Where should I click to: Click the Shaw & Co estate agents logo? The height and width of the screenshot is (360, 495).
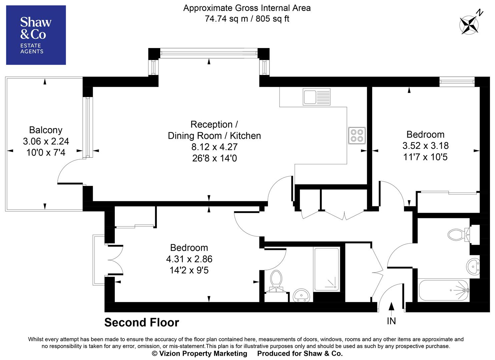pyautogui.click(x=36, y=35)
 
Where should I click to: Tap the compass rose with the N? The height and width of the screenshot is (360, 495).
pyautogui.click(x=470, y=24)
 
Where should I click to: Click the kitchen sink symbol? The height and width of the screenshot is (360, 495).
pyautogui.click(x=316, y=97)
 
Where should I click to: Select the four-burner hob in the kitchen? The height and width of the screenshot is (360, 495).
pyautogui.click(x=357, y=135)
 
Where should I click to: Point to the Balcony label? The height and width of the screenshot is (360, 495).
pyautogui.click(x=46, y=130)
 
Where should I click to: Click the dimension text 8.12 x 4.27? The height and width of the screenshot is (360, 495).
pyautogui.click(x=214, y=147)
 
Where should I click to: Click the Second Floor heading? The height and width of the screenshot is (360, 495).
pyautogui.click(x=141, y=322)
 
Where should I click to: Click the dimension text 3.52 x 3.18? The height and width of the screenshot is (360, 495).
pyautogui.click(x=425, y=146)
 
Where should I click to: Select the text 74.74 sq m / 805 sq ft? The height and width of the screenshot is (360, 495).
pyautogui.click(x=247, y=19)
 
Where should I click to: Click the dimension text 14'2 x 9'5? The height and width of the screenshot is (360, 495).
pyautogui.click(x=189, y=270)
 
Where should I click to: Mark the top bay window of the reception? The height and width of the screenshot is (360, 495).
pyautogui.click(x=209, y=53)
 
